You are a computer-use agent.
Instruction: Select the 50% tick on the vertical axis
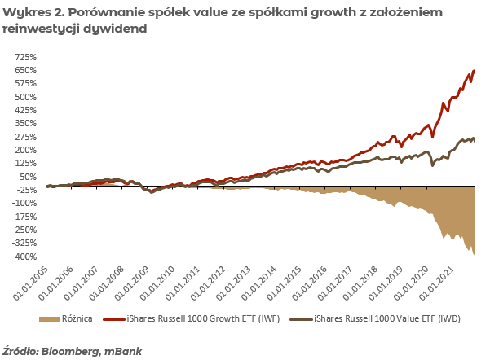[x=28, y=177]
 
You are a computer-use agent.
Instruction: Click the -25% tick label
[x=26, y=190]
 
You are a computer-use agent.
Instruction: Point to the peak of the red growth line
[x=475, y=70]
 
